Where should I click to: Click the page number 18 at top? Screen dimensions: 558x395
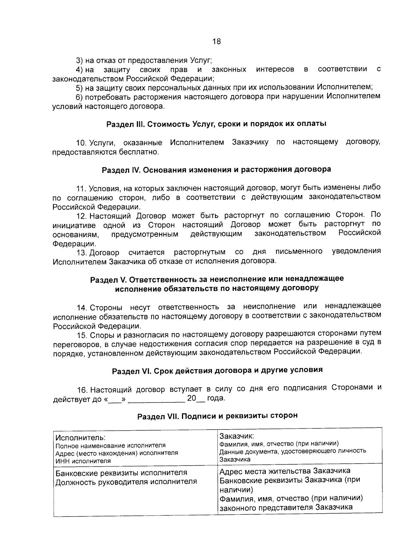[217, 41]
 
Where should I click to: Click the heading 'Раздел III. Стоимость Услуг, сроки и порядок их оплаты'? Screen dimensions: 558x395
[216, 124]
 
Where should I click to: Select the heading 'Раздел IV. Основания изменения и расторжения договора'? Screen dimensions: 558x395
[216, 170]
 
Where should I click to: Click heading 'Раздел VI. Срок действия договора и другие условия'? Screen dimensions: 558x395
[217, 370]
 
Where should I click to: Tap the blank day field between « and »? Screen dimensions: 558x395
[115, 400]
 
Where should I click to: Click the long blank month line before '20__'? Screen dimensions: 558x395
[157, 400]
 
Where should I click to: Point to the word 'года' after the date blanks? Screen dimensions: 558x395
[216, 398]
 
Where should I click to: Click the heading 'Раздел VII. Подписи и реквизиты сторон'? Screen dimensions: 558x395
[217, 416]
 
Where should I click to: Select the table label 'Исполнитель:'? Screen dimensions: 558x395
[81, 438]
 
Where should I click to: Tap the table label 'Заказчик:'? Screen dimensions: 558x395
[236, 436]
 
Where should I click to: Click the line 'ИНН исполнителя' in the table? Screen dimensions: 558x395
[83, 461]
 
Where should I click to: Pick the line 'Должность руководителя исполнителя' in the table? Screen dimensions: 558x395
[126, 482]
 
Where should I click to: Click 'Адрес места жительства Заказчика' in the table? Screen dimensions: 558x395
[285, 471]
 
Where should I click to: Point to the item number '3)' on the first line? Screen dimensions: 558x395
[79, 61]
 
